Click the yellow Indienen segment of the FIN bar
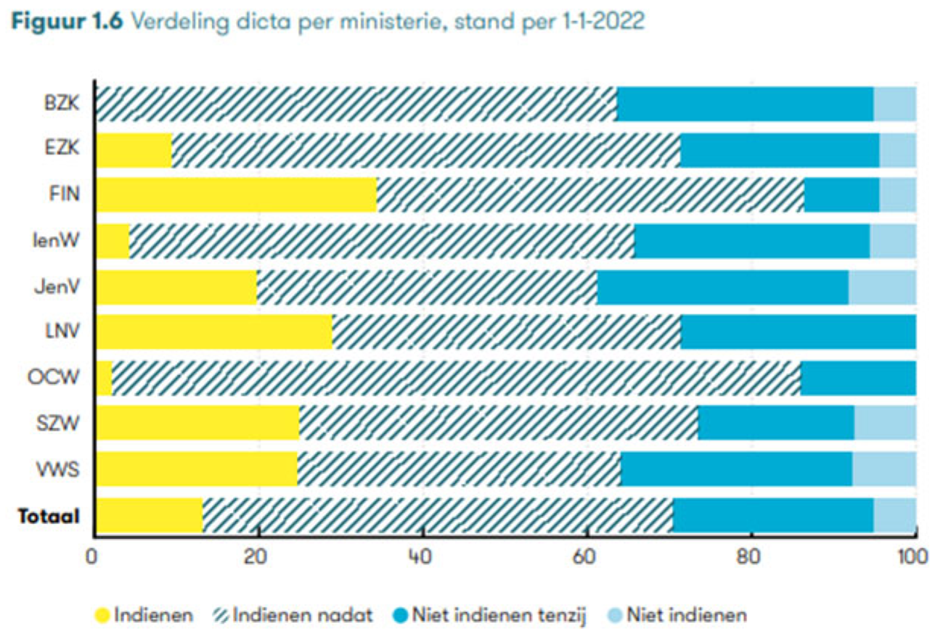coord(237,194)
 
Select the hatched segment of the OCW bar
coord(456,377)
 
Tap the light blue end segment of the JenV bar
coord(882,287)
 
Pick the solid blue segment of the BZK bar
coord(745,103)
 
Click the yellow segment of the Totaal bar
coord(149,515)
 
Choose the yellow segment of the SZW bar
coord(197,423)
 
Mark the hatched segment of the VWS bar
coord(459,469)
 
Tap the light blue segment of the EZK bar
coord(897,149)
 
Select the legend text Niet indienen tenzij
coord(498,615)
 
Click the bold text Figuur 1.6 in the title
coord(65,22)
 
